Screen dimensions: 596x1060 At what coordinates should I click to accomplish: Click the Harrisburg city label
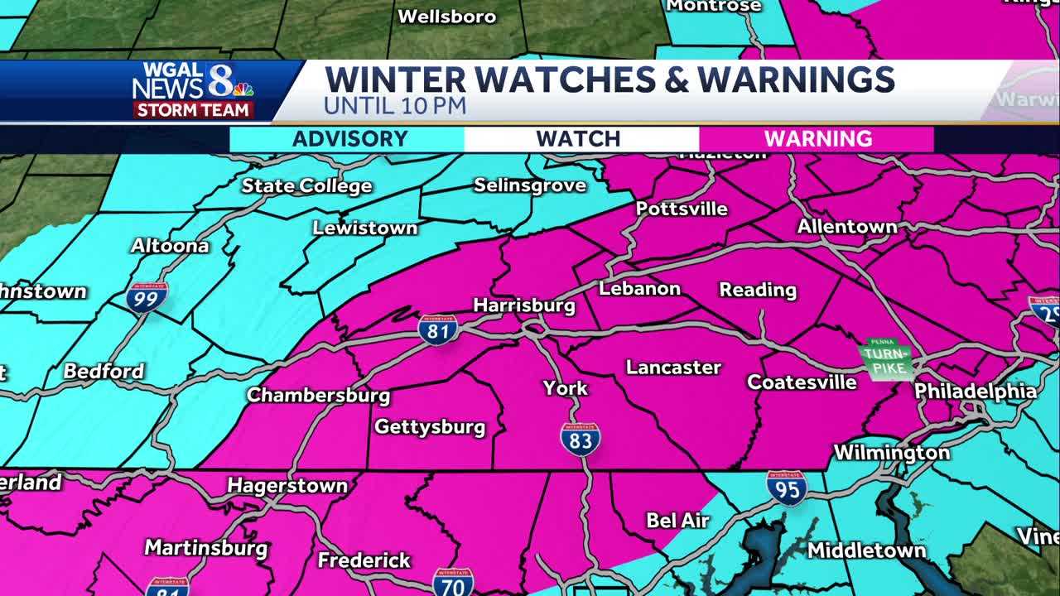pyautogui.click(x=523, y=305)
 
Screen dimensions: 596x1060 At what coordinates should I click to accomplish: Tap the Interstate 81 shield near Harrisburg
pyautogui.click(x=437, y=329)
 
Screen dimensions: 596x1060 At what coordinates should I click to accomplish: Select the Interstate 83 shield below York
pyautogui.click(x=580, y=439)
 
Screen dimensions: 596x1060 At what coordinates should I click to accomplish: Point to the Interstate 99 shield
pyautogui.click(x=147, y=296)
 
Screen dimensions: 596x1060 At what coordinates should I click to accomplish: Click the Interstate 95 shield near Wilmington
pyautogui.click(x=786, y=488)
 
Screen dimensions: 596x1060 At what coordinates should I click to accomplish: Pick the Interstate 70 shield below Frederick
pyautogui.click(x=453, y=582)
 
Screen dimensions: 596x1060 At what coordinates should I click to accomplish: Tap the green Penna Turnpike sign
pyautogui.click(x=886, y=360)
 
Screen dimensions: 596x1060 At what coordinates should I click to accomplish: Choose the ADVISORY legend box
pyautogui.click(x=349, y=138)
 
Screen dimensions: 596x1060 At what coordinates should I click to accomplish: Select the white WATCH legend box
pyautogui.click(x=578, y=138)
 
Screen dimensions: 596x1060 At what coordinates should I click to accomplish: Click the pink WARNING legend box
pyautogui.click(x=817, y=138)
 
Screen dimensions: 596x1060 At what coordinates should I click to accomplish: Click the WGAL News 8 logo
pyautogui.click(x=192, y=89)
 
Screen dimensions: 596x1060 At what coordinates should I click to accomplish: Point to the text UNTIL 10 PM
pyautogui.click(x=394, y=106)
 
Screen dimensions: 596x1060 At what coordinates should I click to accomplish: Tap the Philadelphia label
pyautogui.click(x=975, y=392)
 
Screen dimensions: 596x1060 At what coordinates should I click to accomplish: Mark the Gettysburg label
pyautogui.click(x=430, y=427)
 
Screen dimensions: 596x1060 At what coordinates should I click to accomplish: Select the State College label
pyautogui.click(x=306, y=186)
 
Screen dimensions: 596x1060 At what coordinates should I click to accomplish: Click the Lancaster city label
pyautogui.click(x=673, y=367)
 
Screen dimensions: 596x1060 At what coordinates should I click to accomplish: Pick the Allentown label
pyautogui.click(x=846, y=226)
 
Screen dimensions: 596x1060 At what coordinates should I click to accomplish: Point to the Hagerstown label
pyautogui.click(x=287, y=485)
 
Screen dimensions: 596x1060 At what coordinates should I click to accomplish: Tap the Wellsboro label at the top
pyautogui.click(x=447, y=16)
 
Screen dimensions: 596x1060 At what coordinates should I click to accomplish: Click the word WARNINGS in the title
pyautogui.click(x=796, y=79)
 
